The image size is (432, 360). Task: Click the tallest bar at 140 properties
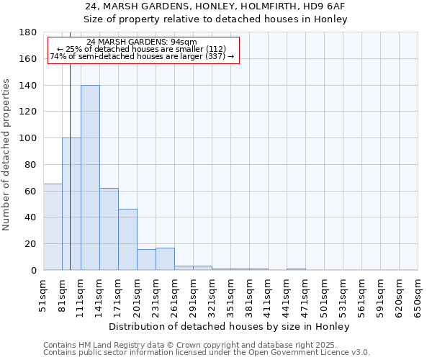(90, 178)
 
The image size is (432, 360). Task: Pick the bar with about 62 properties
(109, 229)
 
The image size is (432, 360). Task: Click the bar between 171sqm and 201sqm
(127, 240)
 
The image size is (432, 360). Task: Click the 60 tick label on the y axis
(32, 191)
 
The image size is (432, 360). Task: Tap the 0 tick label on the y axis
(35, 270)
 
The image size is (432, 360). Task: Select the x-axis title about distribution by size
(230, 326)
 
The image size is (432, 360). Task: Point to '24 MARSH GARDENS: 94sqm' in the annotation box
(141, 42)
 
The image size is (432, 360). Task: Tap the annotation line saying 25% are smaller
(141, 49)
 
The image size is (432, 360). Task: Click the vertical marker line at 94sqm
(70, 166)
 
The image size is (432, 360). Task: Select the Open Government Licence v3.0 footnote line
(207, 352)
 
